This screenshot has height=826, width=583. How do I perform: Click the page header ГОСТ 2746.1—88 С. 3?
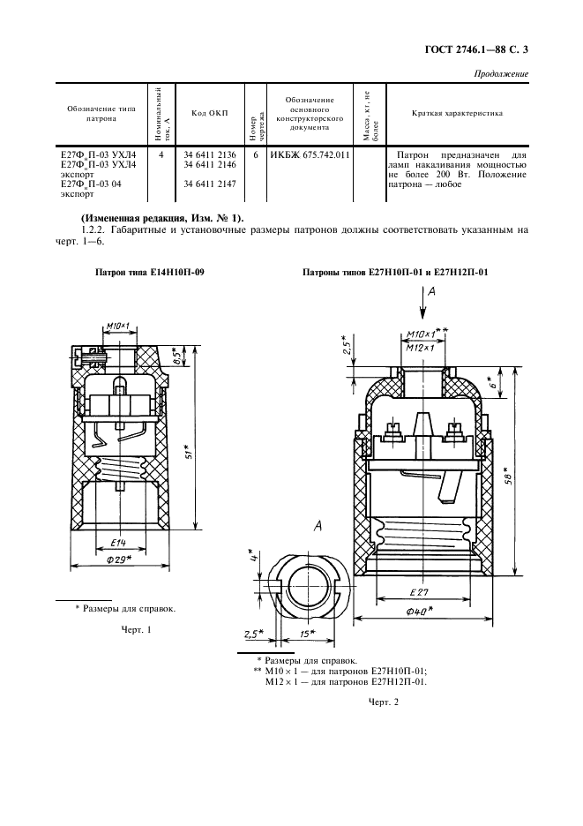click(x=476, y=50)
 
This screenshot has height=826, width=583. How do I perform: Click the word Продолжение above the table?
click(x=501, y=74)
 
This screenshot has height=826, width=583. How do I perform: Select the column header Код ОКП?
click(x=210, y=114)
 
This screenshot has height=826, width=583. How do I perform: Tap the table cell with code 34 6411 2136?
click(x=210, y=155)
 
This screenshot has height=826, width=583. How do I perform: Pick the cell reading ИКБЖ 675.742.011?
click(x=310, y=155)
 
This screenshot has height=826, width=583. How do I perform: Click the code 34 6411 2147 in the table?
click(x=210, y=184)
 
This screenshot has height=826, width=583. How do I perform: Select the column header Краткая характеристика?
click(x=457, y=113)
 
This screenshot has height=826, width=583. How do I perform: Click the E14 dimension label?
click(x=118, y=543)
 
